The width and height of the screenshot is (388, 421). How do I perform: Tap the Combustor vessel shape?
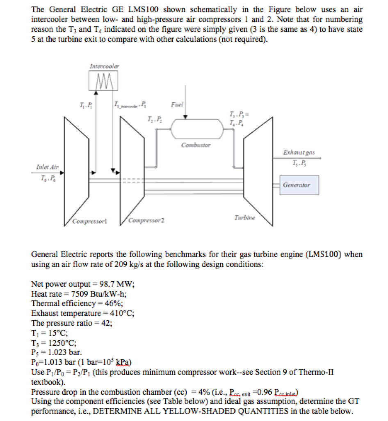(x=196, y=129)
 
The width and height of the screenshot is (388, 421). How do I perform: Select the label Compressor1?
(x=90, y=221)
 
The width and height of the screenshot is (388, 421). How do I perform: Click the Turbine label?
(x=245, y=217)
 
